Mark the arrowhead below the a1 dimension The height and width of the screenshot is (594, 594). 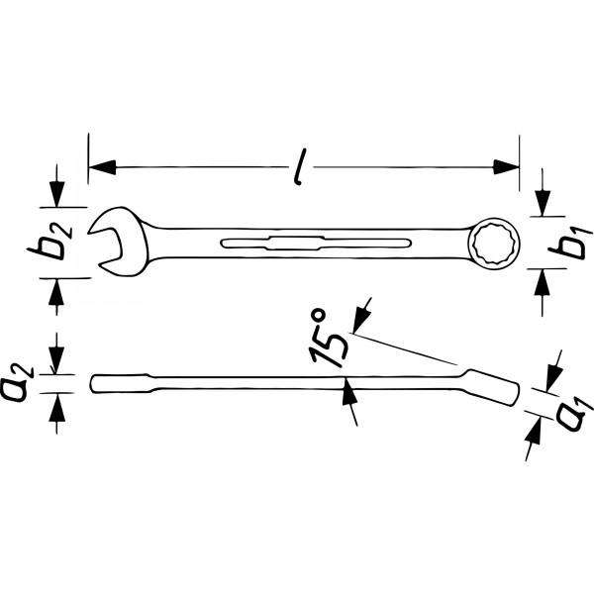click(x=536, y=427)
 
